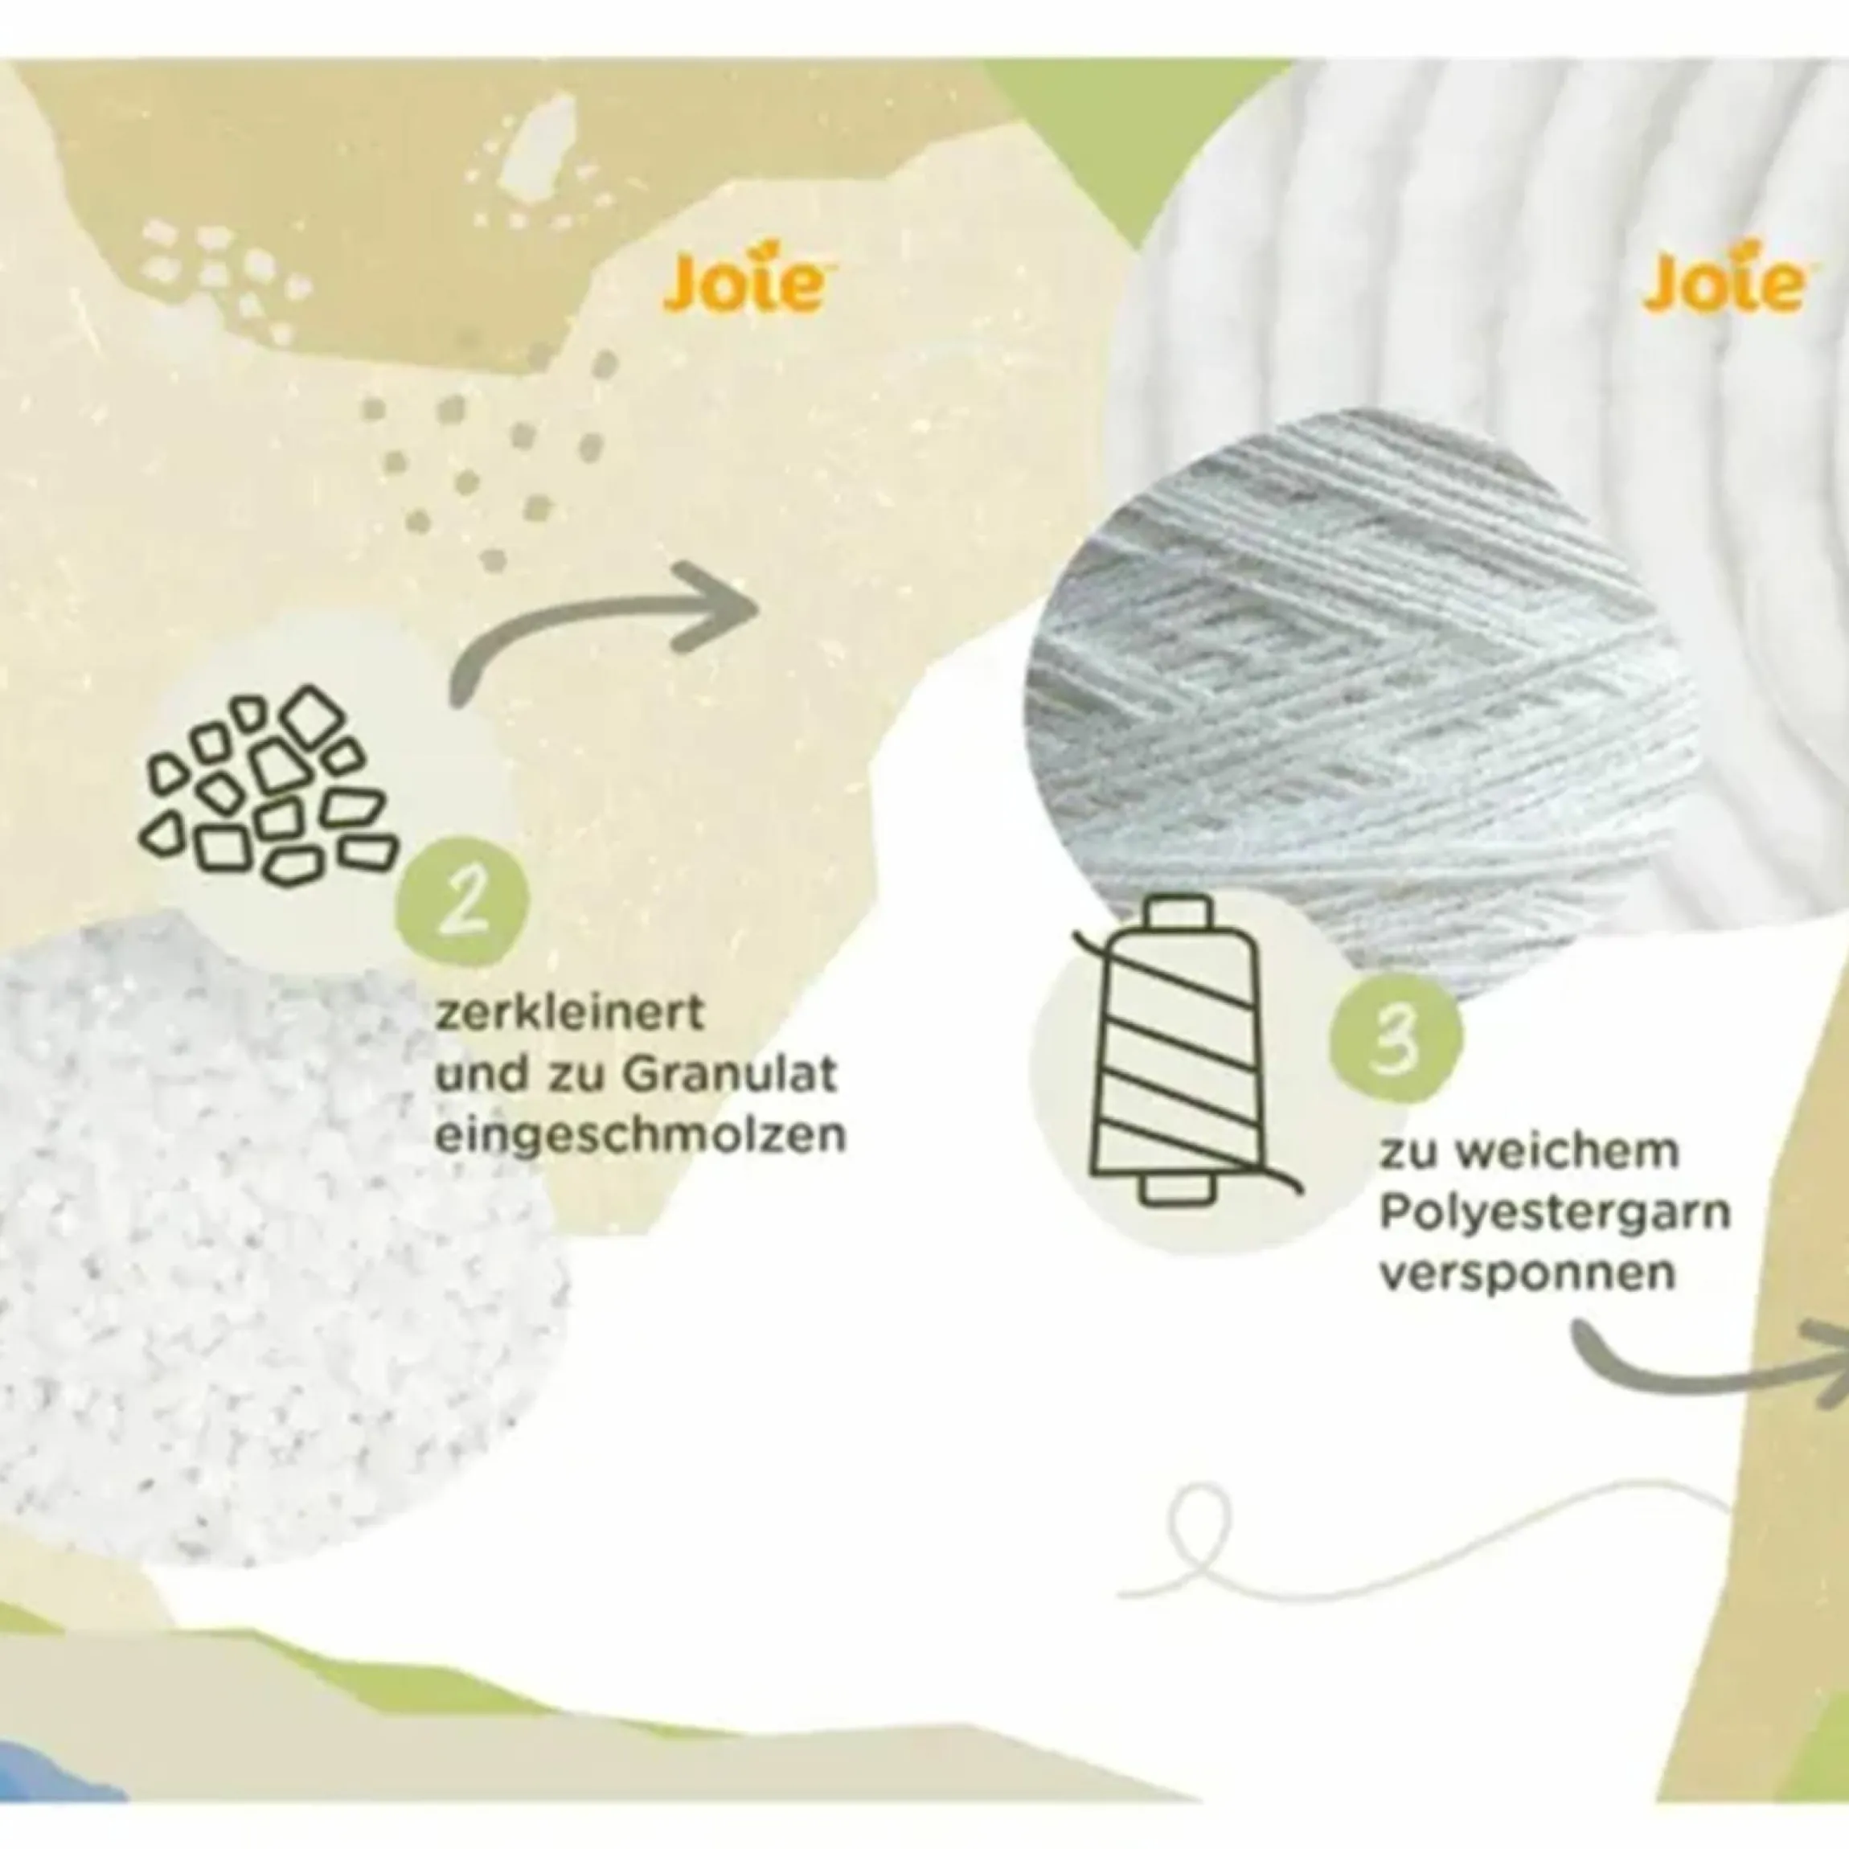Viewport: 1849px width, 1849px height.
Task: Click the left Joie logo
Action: tap(744, 282)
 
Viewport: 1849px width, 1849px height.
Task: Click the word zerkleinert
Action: tap(569, 1014)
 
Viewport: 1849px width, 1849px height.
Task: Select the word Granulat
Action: tap(730, 1075)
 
